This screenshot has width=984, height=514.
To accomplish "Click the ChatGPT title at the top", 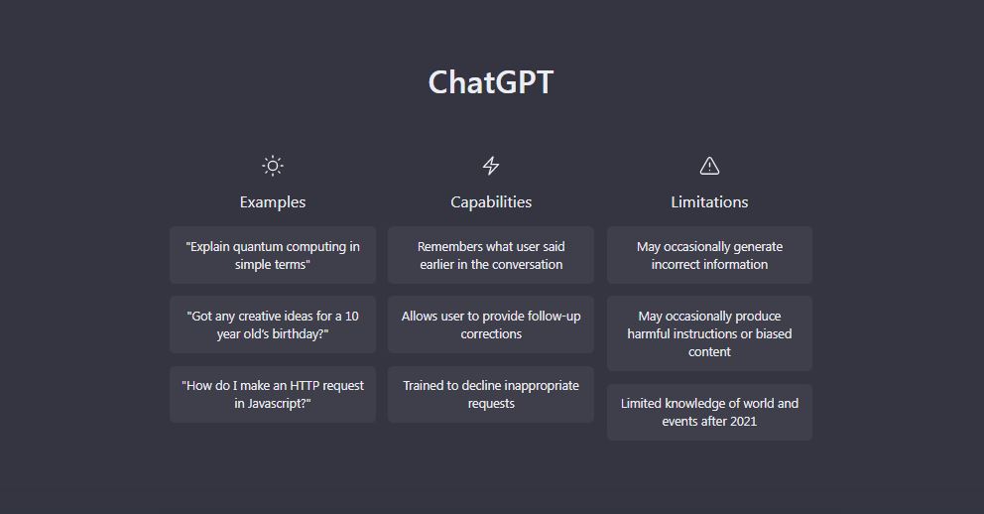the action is (491, 82).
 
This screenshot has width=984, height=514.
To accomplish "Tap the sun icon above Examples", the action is (273, 166).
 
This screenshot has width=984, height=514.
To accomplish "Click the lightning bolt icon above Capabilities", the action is (491, 166).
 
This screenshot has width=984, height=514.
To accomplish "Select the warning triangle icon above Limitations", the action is (709, 166).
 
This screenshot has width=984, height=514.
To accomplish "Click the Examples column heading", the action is (273, 202).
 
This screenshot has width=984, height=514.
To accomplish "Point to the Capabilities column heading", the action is (491, 202).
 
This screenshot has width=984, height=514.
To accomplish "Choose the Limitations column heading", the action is (709, 202).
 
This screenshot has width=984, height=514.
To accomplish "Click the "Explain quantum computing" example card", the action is (273, 255).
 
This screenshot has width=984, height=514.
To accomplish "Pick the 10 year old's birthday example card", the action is (273, 324).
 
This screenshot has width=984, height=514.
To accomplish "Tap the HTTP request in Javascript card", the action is (273, 394).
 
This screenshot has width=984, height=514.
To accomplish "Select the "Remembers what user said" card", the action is (491, 255).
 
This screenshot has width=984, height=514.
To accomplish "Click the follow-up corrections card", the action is (491, 324).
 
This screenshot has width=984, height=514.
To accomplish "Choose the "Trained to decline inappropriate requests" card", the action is (491, 394).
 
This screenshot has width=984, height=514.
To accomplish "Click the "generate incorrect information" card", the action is (709, 255).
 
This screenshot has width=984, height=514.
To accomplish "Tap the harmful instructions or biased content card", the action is (709, 333).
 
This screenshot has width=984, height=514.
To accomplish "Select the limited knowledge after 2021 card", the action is (709, 413).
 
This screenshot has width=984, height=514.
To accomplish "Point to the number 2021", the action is (743, 421).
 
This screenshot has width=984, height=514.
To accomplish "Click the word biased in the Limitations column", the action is (773, 333).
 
